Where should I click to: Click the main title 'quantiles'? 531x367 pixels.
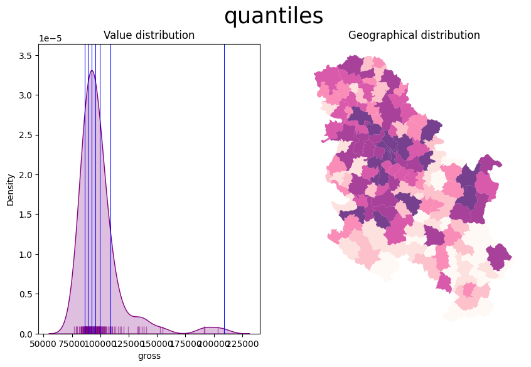pos(274,16)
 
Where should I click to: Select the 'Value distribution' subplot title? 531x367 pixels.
pos(149,35)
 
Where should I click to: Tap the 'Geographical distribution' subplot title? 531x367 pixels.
pos(414,35)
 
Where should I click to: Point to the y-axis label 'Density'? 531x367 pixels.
pos(10,189)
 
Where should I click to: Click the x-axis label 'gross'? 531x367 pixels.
pos(149,356)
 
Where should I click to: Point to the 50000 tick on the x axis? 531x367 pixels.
pos(43,344)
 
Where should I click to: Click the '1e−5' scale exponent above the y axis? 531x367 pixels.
pos(50,39)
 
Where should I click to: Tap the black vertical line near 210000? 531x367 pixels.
pos(224,188)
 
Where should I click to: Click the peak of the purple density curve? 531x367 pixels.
pos(92,71)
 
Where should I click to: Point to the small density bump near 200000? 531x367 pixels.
pos(213,327)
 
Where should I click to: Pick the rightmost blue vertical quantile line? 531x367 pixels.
pos(110,188)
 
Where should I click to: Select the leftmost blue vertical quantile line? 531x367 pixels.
pos(85,188)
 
